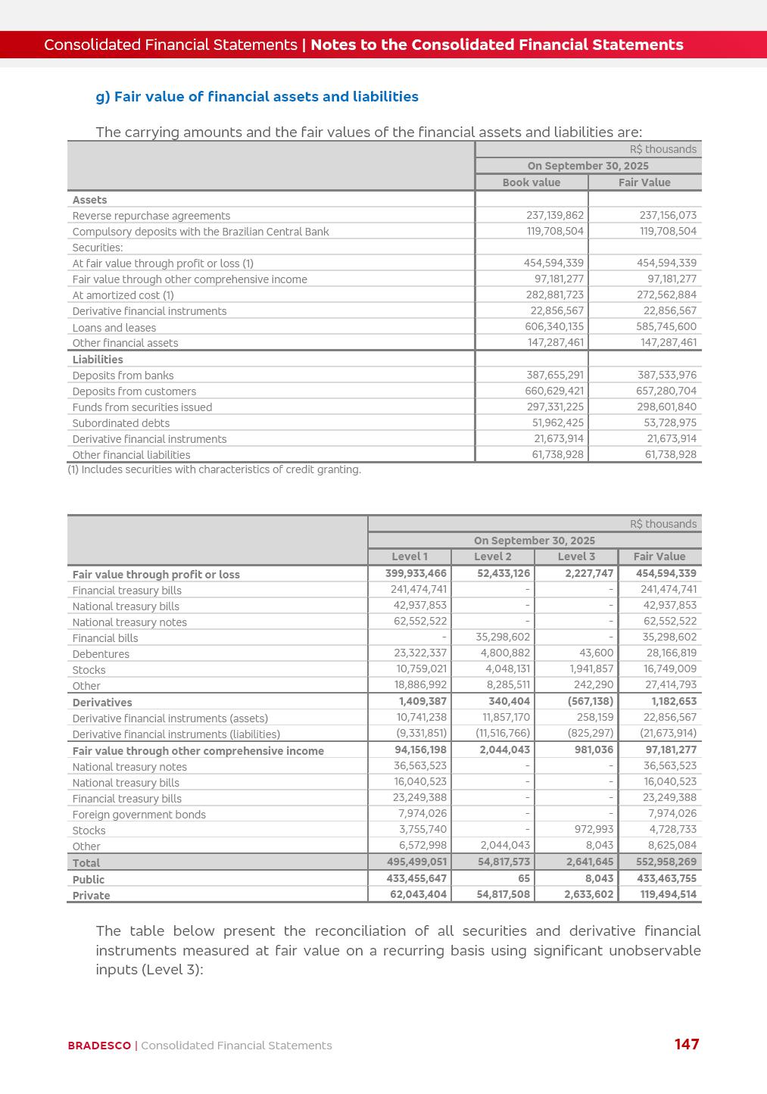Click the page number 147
(687, 1044)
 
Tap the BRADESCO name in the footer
(99, 1046)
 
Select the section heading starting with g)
(257, 97)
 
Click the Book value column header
(532, 182)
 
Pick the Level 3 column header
(576, 556)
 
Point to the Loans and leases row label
(114, 328)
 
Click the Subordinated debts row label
(121, 423)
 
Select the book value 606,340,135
(554, 326)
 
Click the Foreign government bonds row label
(139, 815)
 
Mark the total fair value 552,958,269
(659, 862)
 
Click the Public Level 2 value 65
(524, 878)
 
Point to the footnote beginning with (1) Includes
(214, 469)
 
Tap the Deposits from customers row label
(134, 391)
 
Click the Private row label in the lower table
(92, 896)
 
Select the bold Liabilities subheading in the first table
(98, 360)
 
